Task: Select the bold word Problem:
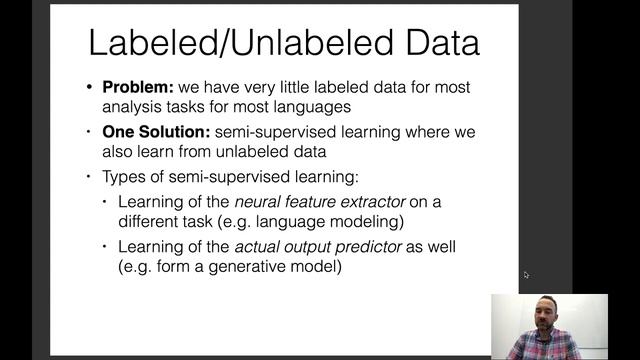137,87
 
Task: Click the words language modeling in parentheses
337,221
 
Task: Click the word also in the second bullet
121,152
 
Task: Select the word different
149,221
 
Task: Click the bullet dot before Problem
92,87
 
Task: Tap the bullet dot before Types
92,177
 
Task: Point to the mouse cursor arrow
526,275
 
